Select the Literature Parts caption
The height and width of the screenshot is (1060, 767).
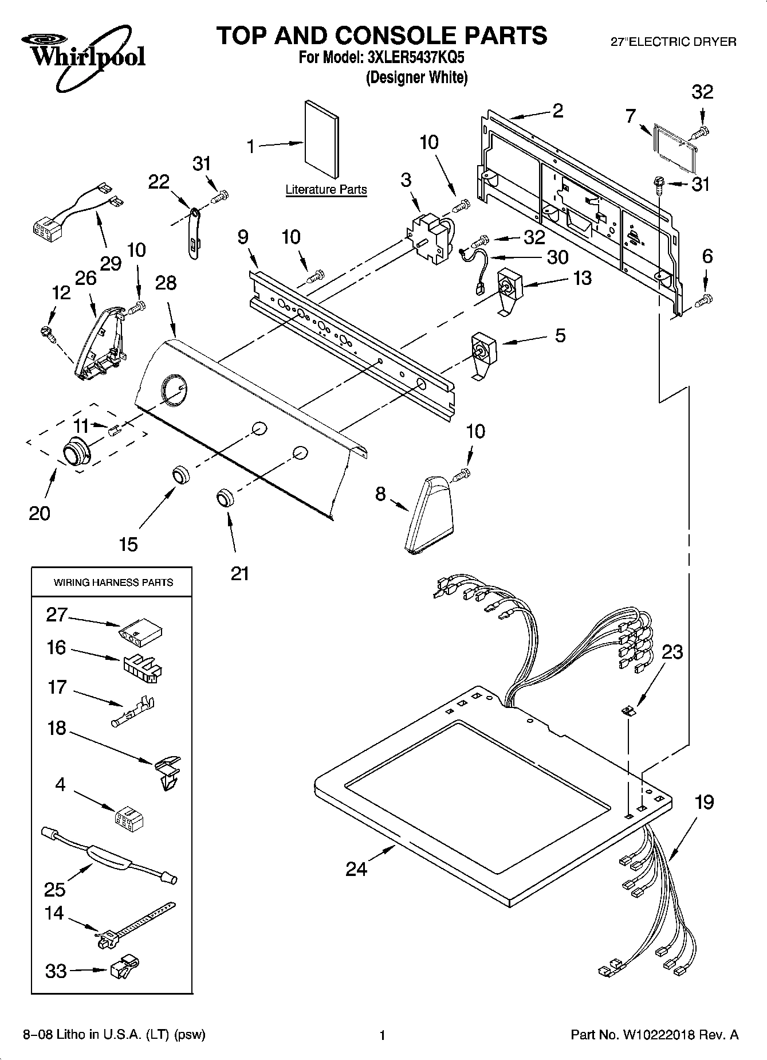(326, 189)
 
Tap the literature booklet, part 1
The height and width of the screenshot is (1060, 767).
(321, 139)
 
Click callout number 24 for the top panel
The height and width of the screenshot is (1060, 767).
(356, 869)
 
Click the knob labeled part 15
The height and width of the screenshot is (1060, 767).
(181, 475)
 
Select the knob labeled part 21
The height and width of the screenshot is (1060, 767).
(225, 497)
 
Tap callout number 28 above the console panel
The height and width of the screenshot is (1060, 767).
(166, 283)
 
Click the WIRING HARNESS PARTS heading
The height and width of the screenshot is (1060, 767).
(113, 582)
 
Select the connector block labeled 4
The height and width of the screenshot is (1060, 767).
(129, 818)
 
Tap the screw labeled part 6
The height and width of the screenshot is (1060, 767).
(704, 299)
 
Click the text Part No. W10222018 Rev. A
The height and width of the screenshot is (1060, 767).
(654, 1035)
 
